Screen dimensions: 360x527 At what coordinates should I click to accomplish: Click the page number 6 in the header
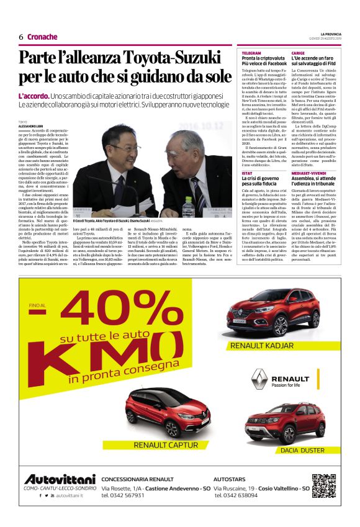[x=20, y=37]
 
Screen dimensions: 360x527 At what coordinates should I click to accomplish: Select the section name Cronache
[x=42, y=37]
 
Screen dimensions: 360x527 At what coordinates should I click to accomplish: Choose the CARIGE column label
[x=298, y=53]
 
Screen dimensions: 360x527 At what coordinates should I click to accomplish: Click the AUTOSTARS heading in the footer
[x=230, y=480]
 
